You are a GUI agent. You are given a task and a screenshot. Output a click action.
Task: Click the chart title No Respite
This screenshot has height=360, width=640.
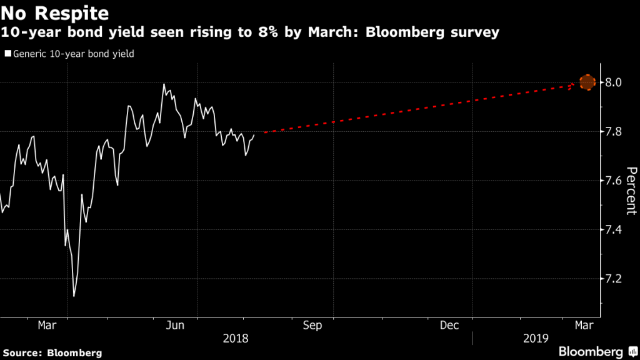coord(54,12)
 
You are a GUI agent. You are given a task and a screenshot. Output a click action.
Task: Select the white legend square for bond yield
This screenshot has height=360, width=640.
coord(7,54)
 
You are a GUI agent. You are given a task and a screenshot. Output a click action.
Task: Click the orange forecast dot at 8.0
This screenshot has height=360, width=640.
coord(587,82)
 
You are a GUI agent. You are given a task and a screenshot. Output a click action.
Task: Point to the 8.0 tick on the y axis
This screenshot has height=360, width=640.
coord(615,82)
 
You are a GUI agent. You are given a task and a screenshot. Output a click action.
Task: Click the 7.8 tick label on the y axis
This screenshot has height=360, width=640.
coord(615,131)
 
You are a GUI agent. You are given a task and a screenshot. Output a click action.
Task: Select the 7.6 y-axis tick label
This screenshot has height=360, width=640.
coord(615,181)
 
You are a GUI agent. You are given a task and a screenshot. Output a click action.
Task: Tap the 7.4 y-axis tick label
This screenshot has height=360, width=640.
coord(615,229)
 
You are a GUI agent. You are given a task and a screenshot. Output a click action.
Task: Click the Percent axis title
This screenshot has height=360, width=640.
coord(631,191)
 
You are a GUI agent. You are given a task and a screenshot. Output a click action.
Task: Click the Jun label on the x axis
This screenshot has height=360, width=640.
coord(176,325)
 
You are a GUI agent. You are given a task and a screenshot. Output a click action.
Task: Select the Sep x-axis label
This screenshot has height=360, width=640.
coord(312,325)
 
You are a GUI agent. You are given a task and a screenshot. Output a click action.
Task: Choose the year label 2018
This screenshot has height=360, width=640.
coord(236,338)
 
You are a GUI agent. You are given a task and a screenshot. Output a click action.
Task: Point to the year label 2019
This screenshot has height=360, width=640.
coord(536,338)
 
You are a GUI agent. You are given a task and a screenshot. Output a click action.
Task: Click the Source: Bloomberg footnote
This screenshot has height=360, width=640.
coord(51,352)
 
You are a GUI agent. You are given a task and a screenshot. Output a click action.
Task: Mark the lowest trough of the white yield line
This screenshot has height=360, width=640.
coord(74,296)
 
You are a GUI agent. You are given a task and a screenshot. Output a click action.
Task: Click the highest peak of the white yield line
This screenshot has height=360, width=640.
coord(164,84)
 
